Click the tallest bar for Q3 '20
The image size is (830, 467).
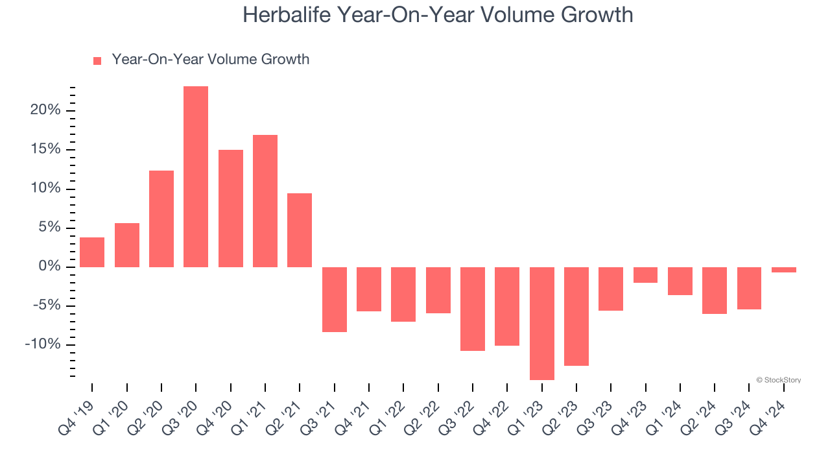pos(196,176)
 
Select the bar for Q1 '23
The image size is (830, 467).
pos(541,323)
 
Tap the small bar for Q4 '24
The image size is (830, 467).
pos(784,270)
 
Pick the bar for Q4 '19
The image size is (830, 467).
pos(92,252)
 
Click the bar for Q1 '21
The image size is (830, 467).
pos(265,201)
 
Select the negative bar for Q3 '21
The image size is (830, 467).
pos(334,300)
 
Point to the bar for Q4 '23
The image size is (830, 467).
pos(645,275)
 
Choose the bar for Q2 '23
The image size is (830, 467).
pos(576,317)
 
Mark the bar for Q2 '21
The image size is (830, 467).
pos(300,230)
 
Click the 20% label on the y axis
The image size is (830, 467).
pos(45,110)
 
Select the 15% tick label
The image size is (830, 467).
pos(45,149)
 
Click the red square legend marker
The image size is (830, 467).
pos(97,60)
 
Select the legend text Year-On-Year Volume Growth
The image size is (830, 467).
pos(210,60)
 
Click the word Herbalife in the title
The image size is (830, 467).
pos(288,14)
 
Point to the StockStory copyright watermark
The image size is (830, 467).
pos(778,380)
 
